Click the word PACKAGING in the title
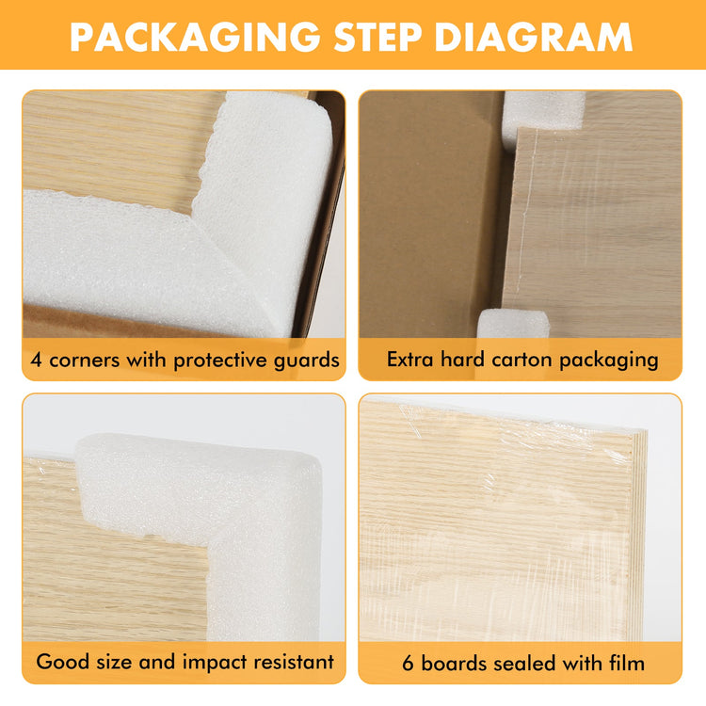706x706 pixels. pos(195,37)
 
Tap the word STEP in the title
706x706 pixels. pos(377,37)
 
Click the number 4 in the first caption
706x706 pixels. pos(37,361)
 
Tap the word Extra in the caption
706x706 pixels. pos(410,360)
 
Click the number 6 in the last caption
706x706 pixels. pos(408,664)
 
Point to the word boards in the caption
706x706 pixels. pos(454,664)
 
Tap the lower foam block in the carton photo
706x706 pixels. pos(513,324)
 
